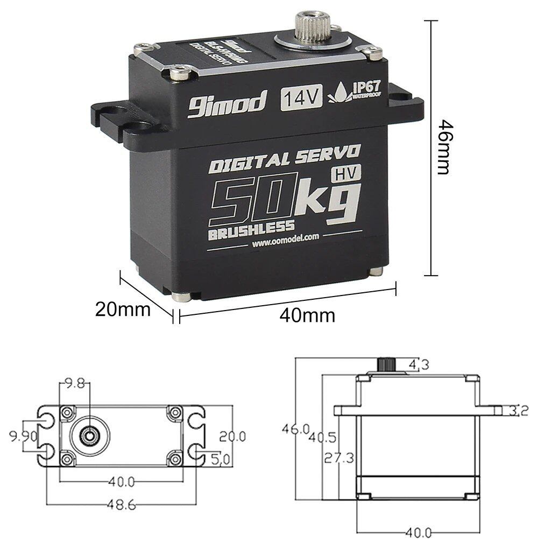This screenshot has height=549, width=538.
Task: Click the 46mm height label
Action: pyautogui.click(x=442, y=146)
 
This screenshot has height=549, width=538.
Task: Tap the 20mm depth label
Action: pyautogui.click(x=123, y=309)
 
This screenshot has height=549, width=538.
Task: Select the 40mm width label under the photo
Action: pyautogui.click(x=307, y=315)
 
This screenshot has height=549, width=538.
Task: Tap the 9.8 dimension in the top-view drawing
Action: pyautogui.click(x=74, y=383)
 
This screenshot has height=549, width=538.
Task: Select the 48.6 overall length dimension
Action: pyautogui.click(x=121, y=505)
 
